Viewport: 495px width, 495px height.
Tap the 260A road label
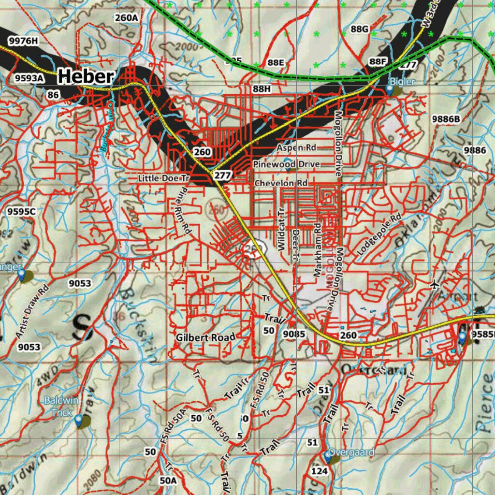point(127,18)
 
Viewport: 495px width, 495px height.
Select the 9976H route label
point(23,41)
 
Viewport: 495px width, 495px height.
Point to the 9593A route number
point(29,78)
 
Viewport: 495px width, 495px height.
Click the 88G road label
point(360,29)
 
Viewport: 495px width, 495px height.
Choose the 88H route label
point(262,89)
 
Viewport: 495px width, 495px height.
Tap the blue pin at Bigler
point(390,90)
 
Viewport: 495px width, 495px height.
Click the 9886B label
point(446,119)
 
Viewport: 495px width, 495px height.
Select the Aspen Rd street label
point(296,147)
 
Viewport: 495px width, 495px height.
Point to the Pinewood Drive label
point(287,164)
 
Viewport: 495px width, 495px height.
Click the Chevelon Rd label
point(281,183)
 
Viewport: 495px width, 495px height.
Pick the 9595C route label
point(22,211)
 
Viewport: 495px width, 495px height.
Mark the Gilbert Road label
point(205,337)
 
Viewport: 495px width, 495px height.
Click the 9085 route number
point(294,334)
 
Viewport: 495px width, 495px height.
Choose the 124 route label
point(319,470)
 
